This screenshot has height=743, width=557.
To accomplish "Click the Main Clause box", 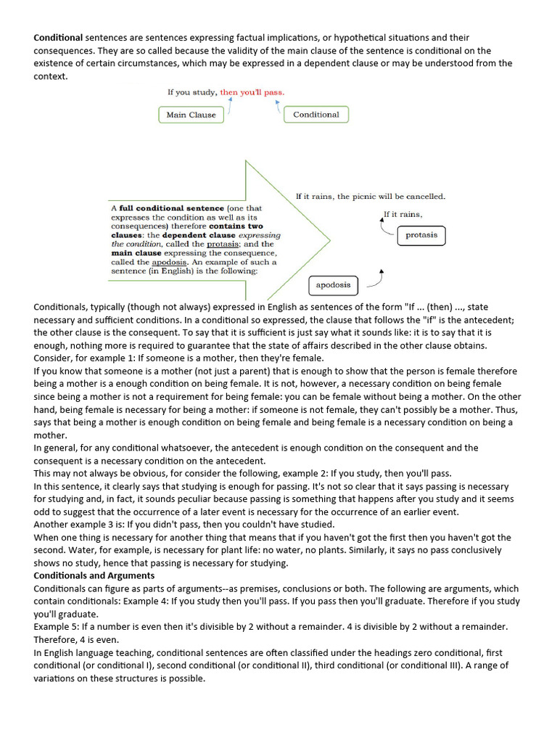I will point(191,115).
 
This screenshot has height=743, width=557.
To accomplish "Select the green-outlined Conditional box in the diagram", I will point(315,115).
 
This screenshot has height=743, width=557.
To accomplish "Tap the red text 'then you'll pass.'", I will point(252,92).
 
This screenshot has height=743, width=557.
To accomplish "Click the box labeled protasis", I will point(421,235).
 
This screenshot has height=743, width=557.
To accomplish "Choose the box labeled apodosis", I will point(333,285).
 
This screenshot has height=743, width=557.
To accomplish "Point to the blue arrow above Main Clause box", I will point(230,106).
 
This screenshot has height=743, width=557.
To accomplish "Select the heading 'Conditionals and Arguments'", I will point(94,575).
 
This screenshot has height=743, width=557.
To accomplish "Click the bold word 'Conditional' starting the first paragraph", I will point(59,37).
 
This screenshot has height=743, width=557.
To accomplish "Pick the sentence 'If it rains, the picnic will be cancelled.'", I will point(370,196).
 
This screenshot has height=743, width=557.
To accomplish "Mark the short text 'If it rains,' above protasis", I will point(403,214).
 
